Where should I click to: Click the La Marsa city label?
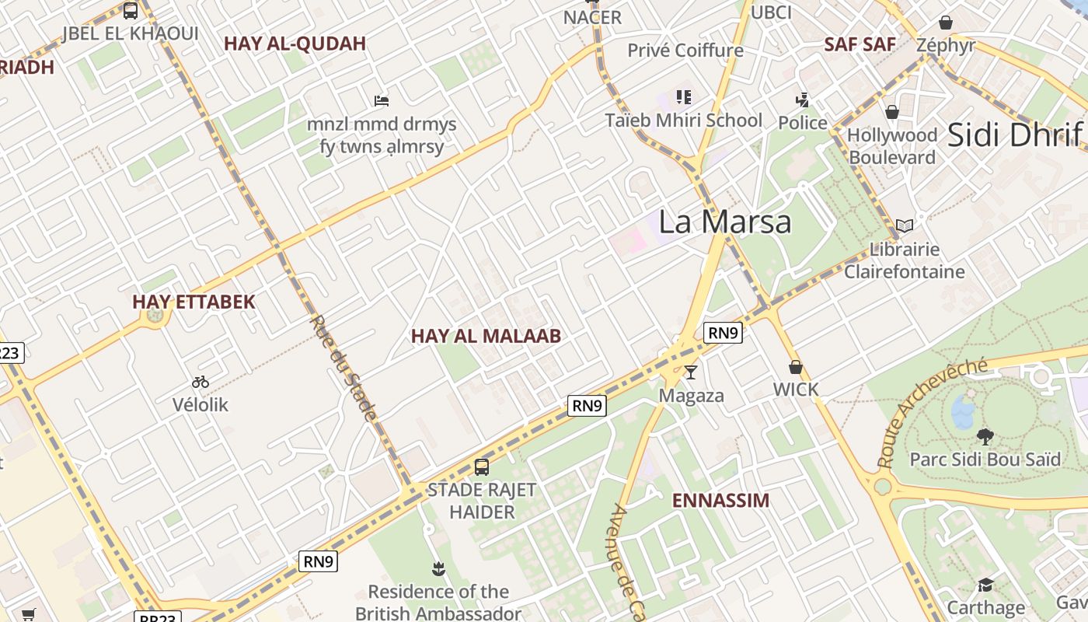724,222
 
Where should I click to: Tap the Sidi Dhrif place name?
1014,135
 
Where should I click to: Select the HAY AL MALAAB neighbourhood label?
486,336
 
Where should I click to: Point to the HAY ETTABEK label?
194,302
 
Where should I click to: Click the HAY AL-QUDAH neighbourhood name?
295,44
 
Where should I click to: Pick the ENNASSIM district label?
720,501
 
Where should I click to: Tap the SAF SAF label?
860,44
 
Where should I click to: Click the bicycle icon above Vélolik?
201,382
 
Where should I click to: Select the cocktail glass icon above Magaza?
690,372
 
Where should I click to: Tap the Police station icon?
802,100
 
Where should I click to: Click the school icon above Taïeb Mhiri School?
684,97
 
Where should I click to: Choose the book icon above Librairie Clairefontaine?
904,226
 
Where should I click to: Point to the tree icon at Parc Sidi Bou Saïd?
985,436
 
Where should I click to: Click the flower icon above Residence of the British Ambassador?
438,569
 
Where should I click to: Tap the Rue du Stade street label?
343,368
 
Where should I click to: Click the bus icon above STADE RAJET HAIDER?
482,467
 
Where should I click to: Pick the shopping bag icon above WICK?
795,367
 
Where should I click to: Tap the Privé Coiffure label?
685,51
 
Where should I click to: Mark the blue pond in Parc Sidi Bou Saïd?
964,411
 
